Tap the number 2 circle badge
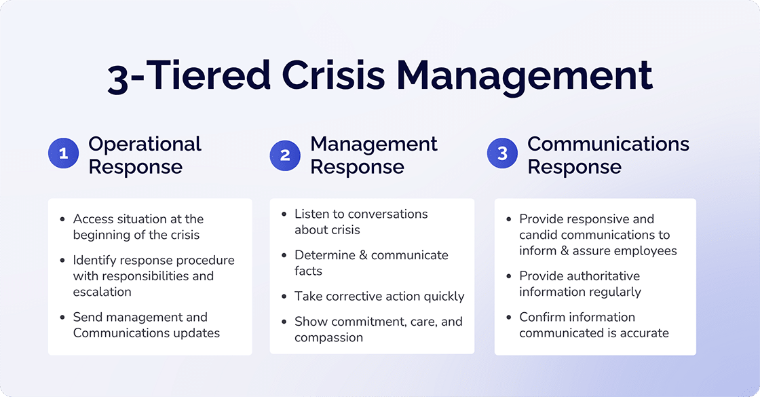coord(285,155)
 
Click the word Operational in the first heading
coord(145,144)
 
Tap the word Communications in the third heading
coord(608,144)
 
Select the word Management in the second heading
coord(374,144)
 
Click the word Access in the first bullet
coord(92,219)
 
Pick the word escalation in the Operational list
coord(102,292)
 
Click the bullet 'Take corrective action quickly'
coord(379,297)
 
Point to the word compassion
coord(328,337)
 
